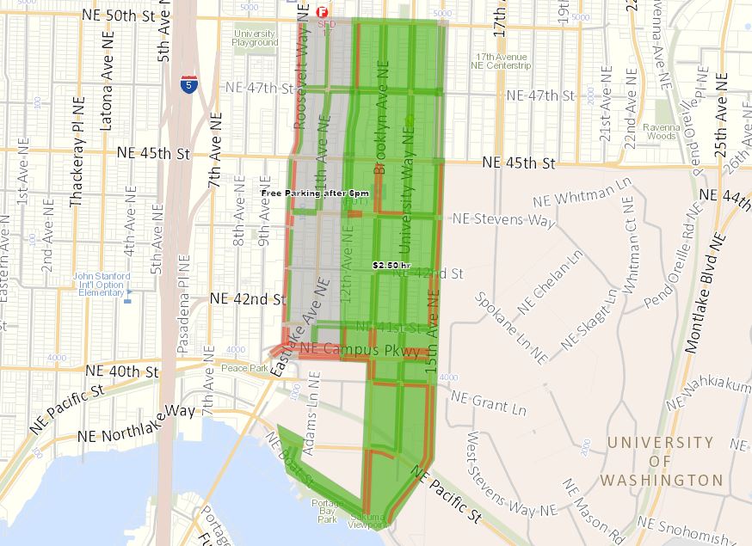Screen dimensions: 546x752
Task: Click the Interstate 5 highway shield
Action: point(188,84)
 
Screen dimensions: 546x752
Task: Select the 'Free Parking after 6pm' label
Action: point(316,193)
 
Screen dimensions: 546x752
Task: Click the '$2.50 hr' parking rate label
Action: point(391,266)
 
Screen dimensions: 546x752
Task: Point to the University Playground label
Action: point(256,38)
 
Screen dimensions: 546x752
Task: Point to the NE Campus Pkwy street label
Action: point(360,350)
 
